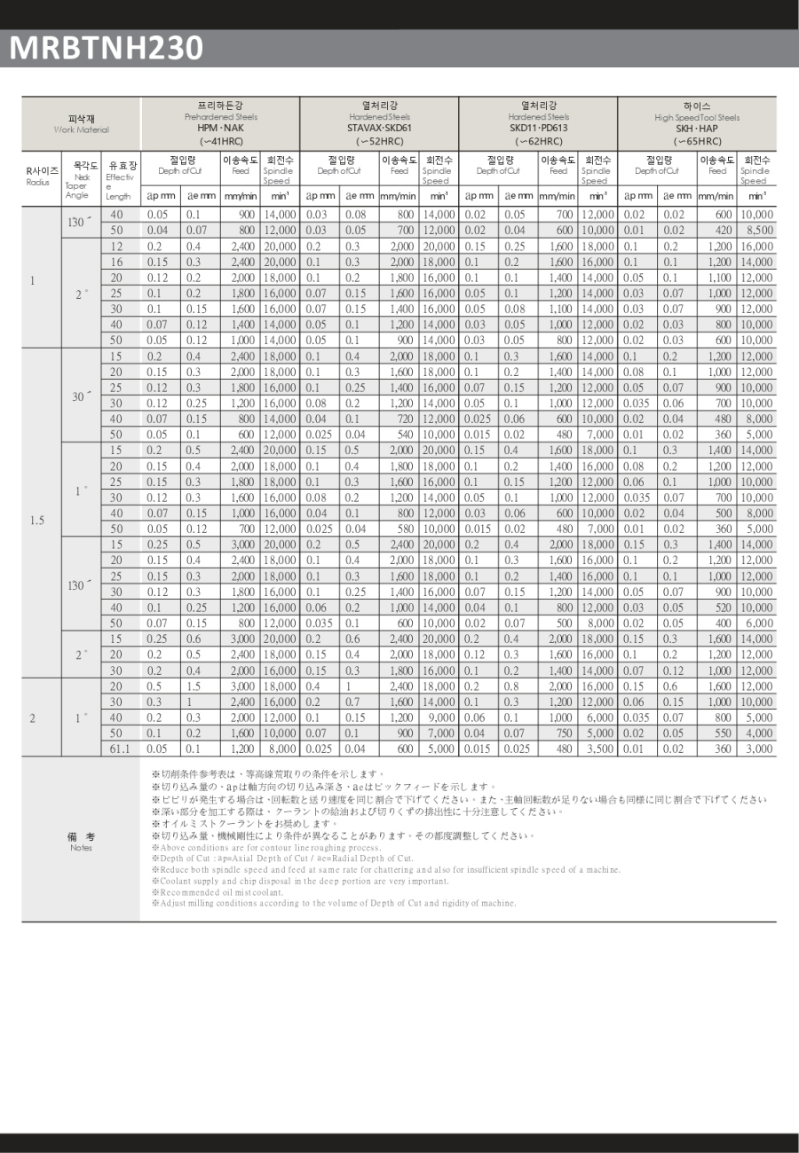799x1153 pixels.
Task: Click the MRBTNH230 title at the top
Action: pyautogui.click(x=107, y=47)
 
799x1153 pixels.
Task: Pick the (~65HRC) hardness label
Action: pyautogui.click(x=697, y=141)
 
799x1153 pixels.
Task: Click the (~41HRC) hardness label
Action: pyautogui.click(x=220, y=141)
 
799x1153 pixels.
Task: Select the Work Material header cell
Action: pyautogui.click(x=81, y=124)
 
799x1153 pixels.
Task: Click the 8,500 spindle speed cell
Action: pyautogui.click(x=756, y=230)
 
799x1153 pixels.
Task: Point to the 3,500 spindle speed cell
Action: pyautogui.click(x=597, y=749)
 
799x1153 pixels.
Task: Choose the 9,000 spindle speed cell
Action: pyautogui.click(x=439, y=718)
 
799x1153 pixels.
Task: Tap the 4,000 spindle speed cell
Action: pyautogui.click(x=756, y=733)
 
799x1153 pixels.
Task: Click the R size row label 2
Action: pyautogui.click(x=32, y=718)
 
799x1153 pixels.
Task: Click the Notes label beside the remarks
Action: pyautogui.click(x=80, y=847)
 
